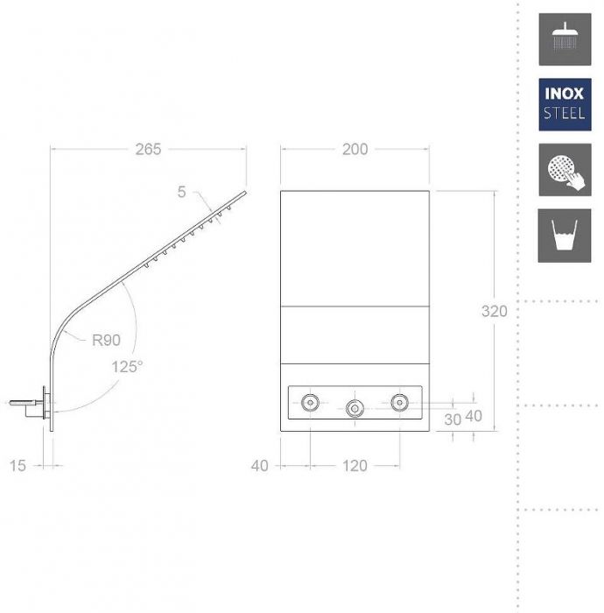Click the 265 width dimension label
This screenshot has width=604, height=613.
(148, 150)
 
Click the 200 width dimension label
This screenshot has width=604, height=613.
(355, 150)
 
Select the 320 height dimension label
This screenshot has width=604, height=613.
(495, 311)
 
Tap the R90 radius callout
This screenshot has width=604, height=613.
(106, 340)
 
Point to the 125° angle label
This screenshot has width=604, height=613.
(127, 367)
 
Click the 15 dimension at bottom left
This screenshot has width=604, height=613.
(18, 466)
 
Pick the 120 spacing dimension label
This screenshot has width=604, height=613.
(355, 466)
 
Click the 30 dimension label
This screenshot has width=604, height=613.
(453, 419)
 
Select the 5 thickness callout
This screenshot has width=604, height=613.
(182, 192)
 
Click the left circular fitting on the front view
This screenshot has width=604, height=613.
(310, 402)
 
